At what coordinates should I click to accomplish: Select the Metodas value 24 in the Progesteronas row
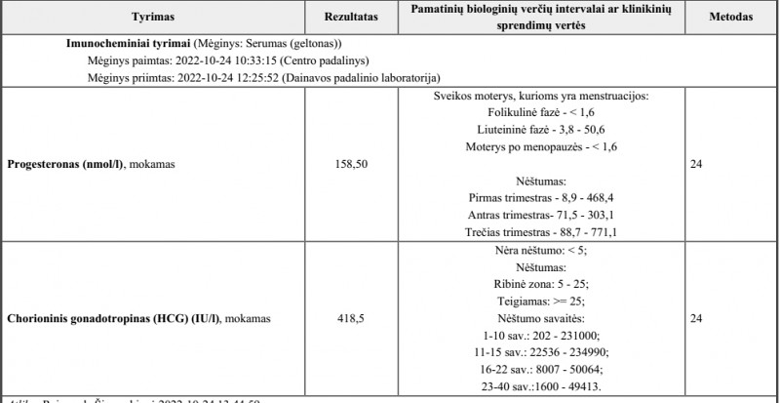696,164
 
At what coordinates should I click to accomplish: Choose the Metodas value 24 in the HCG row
696,318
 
